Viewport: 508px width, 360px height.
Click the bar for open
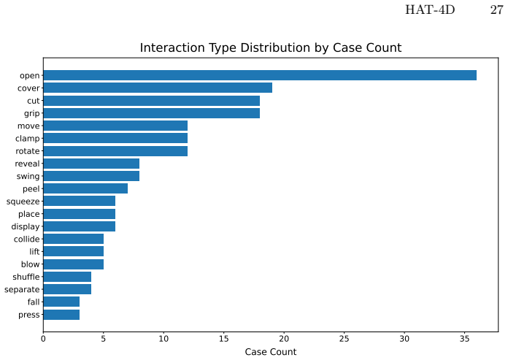260,75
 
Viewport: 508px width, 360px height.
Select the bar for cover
158,88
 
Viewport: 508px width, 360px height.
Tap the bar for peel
85,188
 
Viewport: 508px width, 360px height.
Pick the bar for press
61,315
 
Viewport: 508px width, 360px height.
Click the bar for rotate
115,151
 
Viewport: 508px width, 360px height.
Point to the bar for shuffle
67,277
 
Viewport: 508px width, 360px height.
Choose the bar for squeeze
80,202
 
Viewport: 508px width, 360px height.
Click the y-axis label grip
32,114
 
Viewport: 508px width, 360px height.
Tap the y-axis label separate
22,290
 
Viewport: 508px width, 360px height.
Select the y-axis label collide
26,239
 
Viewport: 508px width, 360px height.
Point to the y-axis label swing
28,177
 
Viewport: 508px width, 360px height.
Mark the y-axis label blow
31,264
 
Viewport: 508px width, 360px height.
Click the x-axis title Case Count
271,352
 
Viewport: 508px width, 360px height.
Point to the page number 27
496,10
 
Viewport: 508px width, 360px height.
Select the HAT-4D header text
430,10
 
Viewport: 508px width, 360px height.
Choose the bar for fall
61,302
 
